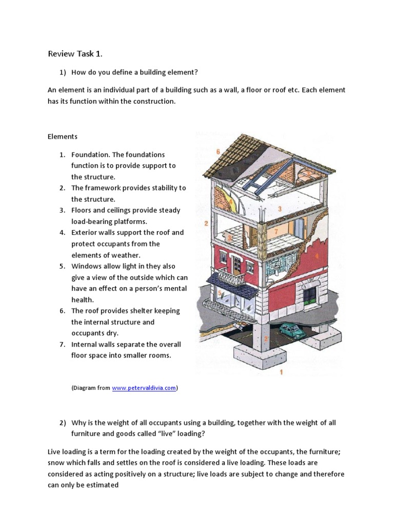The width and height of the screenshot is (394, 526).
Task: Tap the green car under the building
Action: tap(292, 330)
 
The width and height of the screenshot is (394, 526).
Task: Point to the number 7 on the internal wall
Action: tap(275, 232)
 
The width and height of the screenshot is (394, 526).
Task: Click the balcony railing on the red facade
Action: tap(232, 279)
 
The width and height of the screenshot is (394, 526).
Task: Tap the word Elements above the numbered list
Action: tap(62, 137)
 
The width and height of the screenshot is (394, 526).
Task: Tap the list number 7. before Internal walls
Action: tap(62, 344)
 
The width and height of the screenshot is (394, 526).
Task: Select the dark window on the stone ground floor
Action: tap(310, 296)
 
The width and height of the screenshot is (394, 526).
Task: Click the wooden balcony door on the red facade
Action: tap(236, 265)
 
